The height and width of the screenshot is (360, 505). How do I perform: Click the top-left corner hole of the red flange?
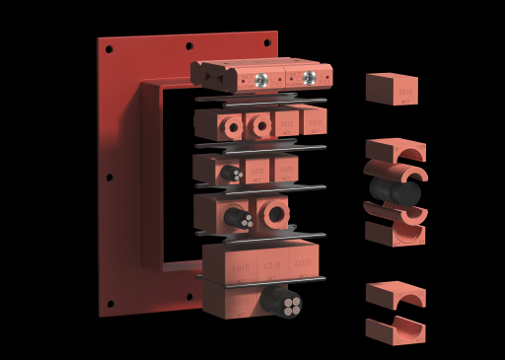(109, 48)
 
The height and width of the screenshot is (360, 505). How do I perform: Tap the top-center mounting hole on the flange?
(188, 45)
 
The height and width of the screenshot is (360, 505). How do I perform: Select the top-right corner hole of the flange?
(266, 41)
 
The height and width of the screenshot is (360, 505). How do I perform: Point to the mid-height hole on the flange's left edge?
(109, 178)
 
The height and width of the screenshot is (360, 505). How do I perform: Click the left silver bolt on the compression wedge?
(261, 79)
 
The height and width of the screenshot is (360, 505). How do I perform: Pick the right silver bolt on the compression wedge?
(310, 77)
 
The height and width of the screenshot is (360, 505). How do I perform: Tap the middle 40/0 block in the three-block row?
(271, 264)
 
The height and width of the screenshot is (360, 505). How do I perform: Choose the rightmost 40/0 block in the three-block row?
(303, 262)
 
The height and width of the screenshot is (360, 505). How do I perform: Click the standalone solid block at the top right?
(392, 89)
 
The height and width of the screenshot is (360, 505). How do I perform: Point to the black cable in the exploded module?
(395, 190)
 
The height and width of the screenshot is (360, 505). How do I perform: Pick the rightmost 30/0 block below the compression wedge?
(314, 121)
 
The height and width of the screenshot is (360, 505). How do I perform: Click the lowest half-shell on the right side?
(395, 330)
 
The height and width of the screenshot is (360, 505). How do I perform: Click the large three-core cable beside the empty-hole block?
(237, 217)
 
